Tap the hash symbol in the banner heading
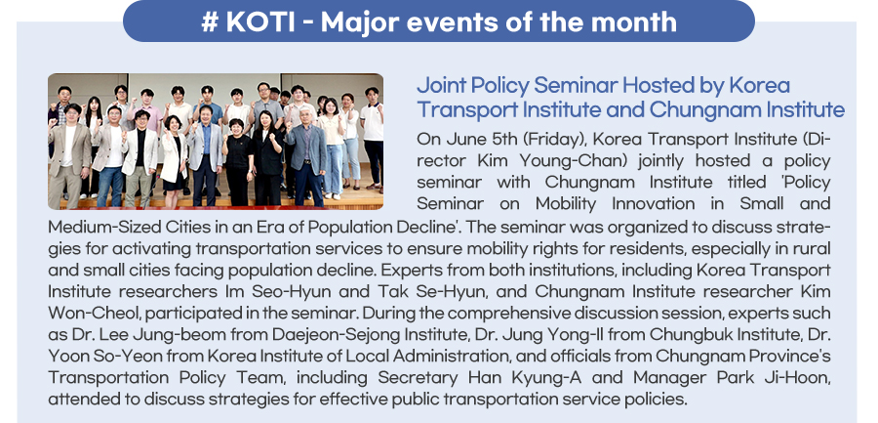tap(210, 21)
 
